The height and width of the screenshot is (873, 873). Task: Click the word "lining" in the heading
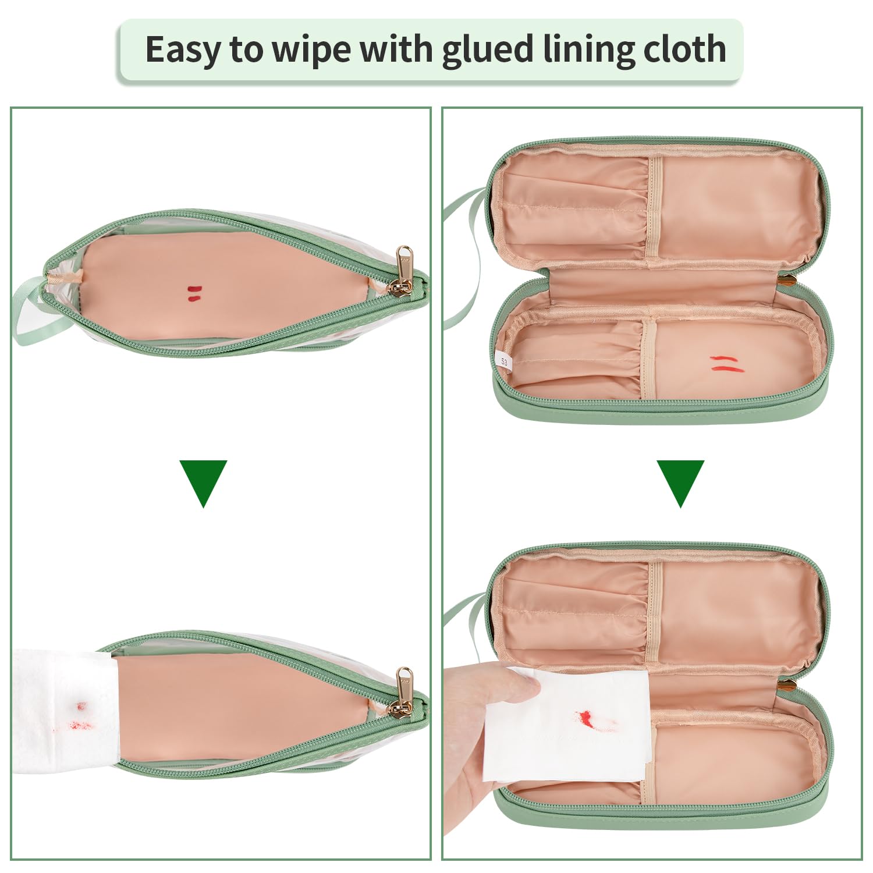point(588,49)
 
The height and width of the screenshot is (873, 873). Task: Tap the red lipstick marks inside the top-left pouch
point(194,293)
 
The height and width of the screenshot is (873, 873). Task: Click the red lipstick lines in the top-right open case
point(725,363)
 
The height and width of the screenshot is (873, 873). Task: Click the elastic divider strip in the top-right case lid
point(655,207)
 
